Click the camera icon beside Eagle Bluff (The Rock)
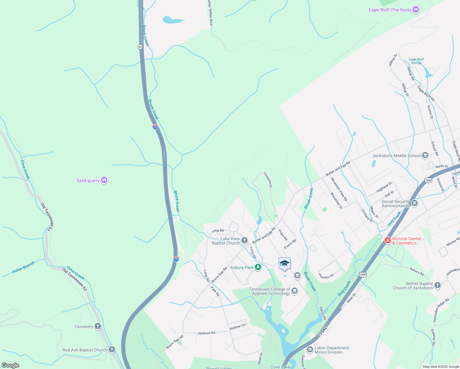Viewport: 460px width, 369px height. tap(416, 10)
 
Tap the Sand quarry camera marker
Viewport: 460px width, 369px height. tap(104, 180)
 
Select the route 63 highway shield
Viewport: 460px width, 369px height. tap(140, 47)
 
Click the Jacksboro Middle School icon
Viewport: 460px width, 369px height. tap(425, 156)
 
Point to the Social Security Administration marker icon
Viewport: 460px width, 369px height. tap(414, 203)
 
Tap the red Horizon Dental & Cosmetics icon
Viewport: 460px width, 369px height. tap(388, 240)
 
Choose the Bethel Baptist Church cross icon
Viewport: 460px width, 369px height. tap(438, 285)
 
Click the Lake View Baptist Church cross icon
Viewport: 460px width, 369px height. tap(244, 240)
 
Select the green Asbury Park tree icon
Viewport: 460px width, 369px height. tap(258, 268)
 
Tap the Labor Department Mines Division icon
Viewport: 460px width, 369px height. tap(310, 350)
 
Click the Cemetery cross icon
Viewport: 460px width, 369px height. tap(98, 327)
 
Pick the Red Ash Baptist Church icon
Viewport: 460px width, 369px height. tap(112, 350)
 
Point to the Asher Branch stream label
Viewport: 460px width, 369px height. tap(24, 267)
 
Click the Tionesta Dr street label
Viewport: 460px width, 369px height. tap(268, 180)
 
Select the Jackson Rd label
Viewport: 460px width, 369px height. tap(206, 333)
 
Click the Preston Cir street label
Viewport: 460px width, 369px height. tap(326, 276)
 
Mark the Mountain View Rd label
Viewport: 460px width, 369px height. tap(339, 189)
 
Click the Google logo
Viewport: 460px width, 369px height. tap(10, 365)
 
